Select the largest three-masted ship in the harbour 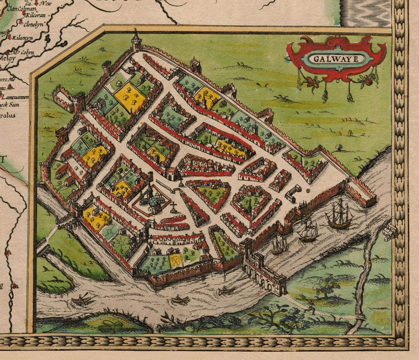click(x=339, y=215)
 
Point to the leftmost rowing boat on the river click(x=81, y=300)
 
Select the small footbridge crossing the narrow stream click(x=358, y=318)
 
